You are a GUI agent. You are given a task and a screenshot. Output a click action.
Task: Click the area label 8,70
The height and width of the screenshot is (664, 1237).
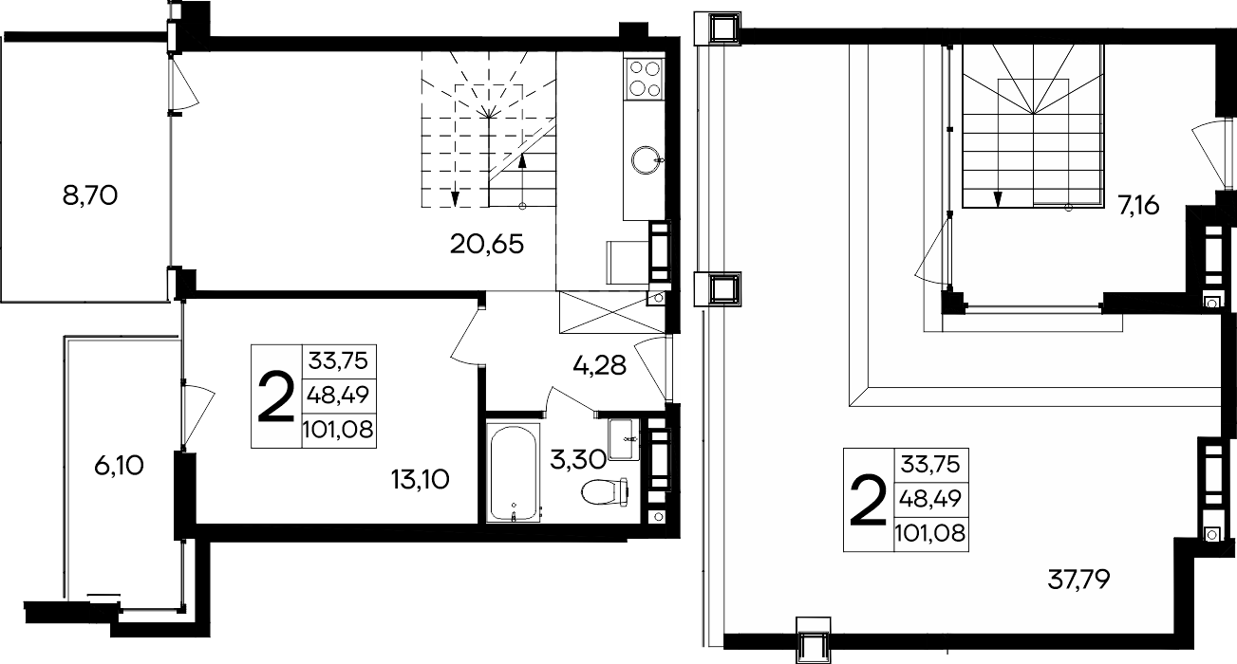click(90, 196)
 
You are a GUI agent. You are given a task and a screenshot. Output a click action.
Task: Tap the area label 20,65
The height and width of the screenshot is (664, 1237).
click(486, 244)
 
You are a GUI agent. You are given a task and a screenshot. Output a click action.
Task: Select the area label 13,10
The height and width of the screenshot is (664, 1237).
click(421, 479)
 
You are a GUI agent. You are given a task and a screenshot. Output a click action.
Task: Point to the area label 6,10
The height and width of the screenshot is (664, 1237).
click(119, 466)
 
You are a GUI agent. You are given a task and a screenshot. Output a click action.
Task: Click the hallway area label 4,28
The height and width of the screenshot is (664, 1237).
click(599, 365)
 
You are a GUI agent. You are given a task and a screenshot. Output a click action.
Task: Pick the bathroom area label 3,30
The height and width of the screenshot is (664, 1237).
click(578, 459)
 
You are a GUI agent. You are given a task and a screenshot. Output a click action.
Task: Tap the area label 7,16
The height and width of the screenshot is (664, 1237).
click(1137, 206)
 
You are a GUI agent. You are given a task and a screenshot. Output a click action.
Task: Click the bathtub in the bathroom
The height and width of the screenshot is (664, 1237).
click(513, 472)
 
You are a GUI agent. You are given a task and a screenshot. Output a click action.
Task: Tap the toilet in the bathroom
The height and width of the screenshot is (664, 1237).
click(606, 491)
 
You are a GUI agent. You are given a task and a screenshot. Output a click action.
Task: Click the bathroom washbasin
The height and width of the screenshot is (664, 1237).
click(624, 439)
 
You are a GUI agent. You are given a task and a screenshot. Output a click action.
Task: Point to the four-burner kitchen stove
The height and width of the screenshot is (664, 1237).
click(644, 79)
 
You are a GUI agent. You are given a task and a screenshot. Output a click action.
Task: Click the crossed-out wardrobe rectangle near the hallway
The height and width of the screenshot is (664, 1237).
click(612, 312)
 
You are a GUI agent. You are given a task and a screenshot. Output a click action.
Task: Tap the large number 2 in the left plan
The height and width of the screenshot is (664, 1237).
click(276, 397)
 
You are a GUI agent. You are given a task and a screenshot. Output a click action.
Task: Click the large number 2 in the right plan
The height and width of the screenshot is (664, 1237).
click(868, 500)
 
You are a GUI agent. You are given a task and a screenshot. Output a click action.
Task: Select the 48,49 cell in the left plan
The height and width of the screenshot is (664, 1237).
click(339, 396)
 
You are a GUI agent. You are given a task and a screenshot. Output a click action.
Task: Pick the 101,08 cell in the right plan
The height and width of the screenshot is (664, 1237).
click(931, 533)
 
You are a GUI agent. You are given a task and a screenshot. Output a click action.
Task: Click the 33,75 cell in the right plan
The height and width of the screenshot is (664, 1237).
click(931, 465)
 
